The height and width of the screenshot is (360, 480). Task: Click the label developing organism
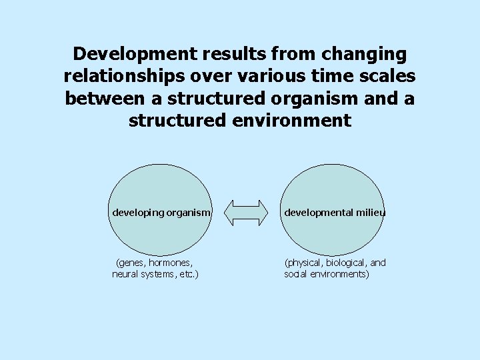(x=161, y=213)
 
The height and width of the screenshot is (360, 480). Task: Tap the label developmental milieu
(x=335, y=213)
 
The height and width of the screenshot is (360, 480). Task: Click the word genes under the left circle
(x=131, y=263)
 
